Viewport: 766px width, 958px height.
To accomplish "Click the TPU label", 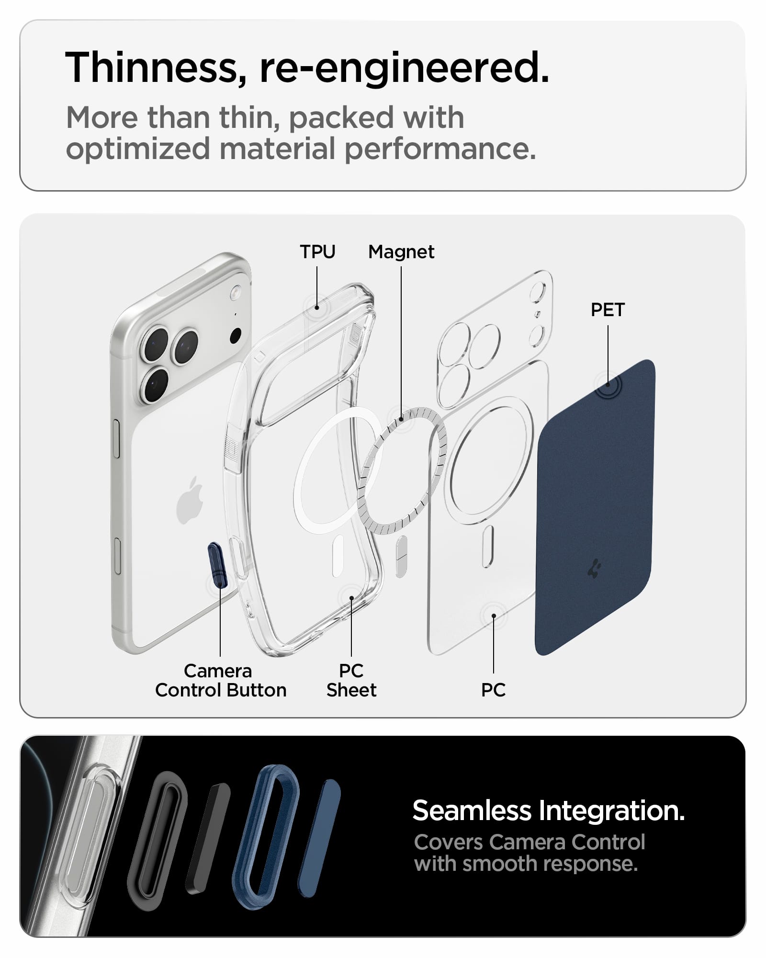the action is [317, 252].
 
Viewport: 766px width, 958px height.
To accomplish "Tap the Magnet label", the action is [401, 252].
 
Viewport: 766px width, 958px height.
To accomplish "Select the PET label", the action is [608, 310].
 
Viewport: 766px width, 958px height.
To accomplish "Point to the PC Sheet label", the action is [351, 680].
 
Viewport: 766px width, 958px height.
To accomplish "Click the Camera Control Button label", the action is [221, 680].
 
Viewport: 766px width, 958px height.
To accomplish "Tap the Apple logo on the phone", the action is [190, 500].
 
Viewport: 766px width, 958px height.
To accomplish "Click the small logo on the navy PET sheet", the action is [595, 568].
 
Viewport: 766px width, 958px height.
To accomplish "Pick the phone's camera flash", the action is [236, 292].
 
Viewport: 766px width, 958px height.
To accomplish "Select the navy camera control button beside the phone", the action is [217, 565].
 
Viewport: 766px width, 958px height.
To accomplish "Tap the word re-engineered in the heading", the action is [404, 68].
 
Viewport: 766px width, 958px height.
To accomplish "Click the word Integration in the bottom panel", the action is [612, 811].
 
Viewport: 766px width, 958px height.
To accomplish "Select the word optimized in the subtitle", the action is [138, 149].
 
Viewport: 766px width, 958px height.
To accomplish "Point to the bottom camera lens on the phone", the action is [155, 384].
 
